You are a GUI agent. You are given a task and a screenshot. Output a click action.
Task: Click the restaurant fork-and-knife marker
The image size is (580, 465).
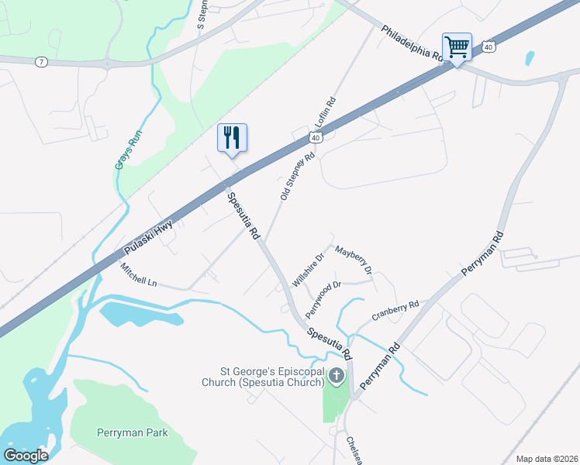click(232, 138)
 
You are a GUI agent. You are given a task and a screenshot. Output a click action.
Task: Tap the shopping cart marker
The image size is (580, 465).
click(457, 47)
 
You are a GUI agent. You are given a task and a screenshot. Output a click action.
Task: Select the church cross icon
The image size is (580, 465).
click(336, 377)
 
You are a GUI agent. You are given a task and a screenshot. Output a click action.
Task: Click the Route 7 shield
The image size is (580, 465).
click(41, 61)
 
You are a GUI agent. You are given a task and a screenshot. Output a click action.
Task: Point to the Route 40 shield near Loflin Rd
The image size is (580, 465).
click(314, 137)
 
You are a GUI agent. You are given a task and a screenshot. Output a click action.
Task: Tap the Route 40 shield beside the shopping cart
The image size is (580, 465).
click(488, 47)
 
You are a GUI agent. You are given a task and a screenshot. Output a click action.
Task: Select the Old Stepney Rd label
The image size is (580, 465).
click(297, 177)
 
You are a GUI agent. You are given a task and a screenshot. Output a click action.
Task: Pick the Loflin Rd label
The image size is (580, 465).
click(326, 113)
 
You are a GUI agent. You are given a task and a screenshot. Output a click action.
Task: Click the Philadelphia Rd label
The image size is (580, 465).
click(411, 43)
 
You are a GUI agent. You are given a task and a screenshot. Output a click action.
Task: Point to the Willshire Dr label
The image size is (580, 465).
click(308, 270)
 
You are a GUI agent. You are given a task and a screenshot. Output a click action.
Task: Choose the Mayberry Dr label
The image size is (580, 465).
click(354, 260)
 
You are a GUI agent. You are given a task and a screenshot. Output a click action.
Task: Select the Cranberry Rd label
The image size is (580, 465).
click(395, 310)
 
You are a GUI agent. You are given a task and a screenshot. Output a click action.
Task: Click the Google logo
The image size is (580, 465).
click(26, 456)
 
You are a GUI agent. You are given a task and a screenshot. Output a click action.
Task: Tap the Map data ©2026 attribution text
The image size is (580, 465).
click(546, 459)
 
